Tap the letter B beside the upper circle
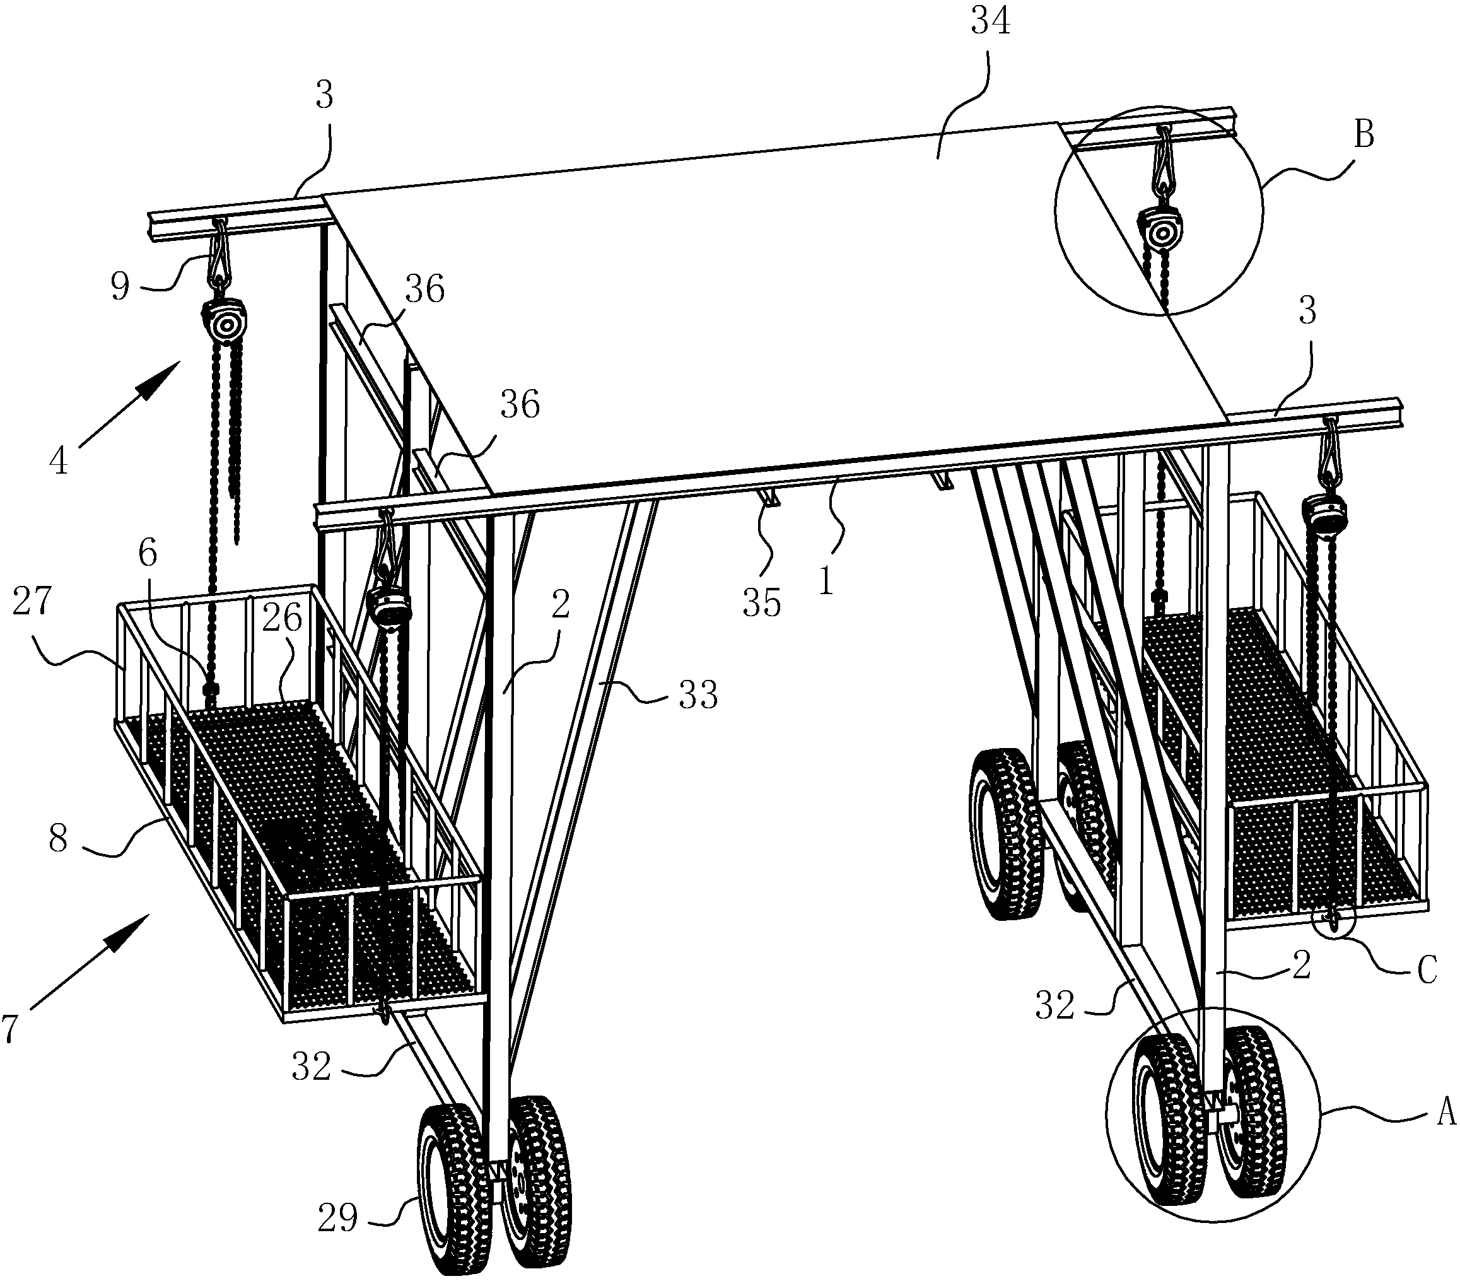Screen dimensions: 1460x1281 tap(1364, 134)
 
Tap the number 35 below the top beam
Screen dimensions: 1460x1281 tap(761, 603)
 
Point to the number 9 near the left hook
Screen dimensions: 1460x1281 tap(120, 286)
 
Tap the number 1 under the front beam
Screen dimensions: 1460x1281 tap(826, 582)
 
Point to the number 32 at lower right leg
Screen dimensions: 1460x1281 tap(1055, 1005)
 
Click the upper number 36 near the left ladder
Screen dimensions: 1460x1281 tap(424, 290)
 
